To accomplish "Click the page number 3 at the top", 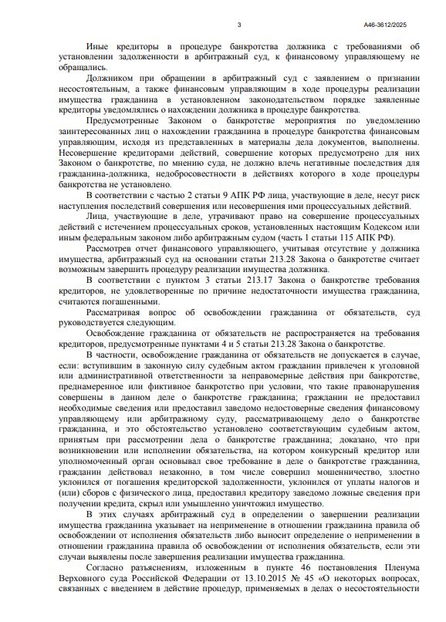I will coord(240,25).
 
